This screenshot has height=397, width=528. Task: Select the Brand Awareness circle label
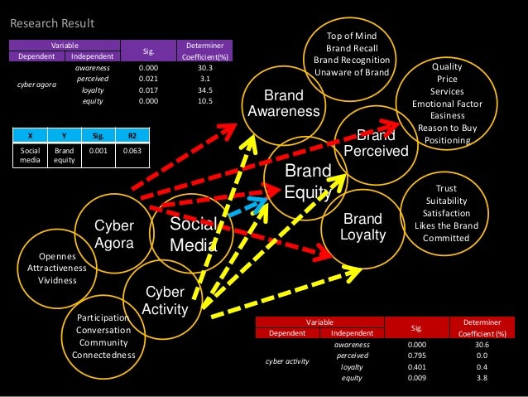pyautogui.click(x=284, y=103)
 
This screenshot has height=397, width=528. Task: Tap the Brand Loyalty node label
pyautogui.click(x=362, y=227)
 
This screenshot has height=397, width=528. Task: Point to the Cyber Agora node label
pyautogui.click(x=114, y=234)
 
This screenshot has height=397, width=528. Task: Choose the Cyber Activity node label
pyautogui.click(x=165, y=301)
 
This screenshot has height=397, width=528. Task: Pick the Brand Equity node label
pyautogui.click(x=307, y=181)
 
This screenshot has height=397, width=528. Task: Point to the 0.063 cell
pyautogui.click(x=132, y=151)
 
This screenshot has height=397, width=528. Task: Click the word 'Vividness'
pyautogui.click(x=57, y=280)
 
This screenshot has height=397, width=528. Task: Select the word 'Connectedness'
pyautogui.click(x=104, y=355)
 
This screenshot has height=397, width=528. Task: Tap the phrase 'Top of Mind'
pyautogui.click(x=352, y=36)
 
